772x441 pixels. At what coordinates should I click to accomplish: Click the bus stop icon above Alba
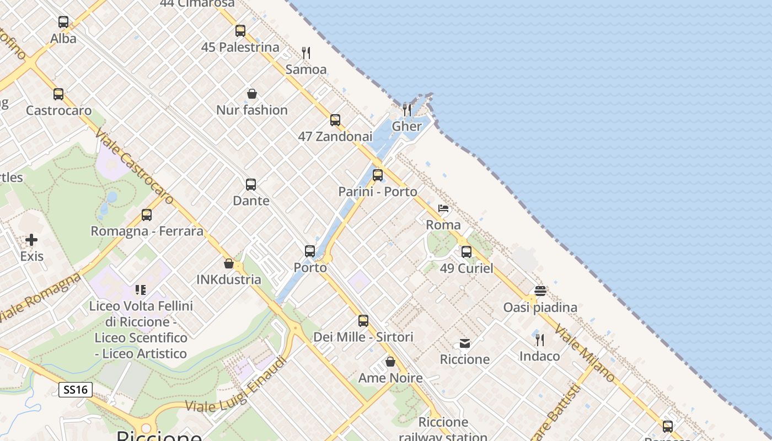(x=63, y=22)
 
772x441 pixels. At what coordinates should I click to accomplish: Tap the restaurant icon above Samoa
(x=306, y=53)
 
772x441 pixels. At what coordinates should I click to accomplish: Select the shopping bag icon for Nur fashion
(x=252, y=94)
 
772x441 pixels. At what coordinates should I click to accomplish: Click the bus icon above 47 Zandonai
(x=335, y=120)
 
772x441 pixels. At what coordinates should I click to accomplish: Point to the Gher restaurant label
(x=406, y=126)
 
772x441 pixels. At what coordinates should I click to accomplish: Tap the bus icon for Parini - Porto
(x=378, y=175)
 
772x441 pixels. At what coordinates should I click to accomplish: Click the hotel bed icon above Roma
(x=443, y=208)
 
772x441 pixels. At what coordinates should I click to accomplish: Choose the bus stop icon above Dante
(x=251, y=184)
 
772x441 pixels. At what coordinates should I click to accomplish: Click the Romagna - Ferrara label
(x=147, y=231)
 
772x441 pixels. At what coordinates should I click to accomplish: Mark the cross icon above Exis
(x=31, y=240)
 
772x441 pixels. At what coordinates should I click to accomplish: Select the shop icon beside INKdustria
(x=229, y=263)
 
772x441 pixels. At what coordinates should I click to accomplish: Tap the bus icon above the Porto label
(x=310, y=251)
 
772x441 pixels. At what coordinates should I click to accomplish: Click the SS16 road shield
(x=76, y=390)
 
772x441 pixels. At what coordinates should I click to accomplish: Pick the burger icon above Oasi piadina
(x=540, y=291)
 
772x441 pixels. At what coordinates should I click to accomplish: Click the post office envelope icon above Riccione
(x=465, y=343)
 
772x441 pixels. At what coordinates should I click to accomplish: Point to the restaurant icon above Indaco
(x=540, y=340)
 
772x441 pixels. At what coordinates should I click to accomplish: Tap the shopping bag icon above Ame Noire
(x=390, y=362)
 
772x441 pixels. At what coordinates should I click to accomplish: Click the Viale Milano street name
(x=585, y=353)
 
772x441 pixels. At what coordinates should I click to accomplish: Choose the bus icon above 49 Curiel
(x=467, y=252)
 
